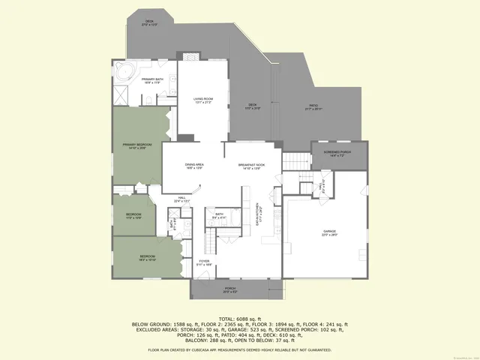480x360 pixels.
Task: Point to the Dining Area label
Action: [195, 165]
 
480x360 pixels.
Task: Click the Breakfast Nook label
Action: [251, 165]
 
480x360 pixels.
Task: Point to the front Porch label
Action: [230, 289]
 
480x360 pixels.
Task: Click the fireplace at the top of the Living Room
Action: [188, 56]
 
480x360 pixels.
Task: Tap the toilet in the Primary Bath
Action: [148, 97]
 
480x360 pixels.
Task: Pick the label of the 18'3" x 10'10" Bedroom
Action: [147, 258]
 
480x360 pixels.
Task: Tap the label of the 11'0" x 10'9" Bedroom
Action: [133, 215]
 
